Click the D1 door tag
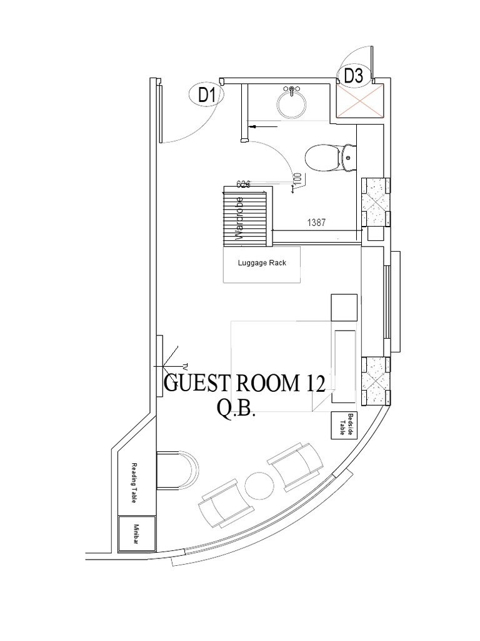[207, 95]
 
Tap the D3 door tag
[353, 76]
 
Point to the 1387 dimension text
[316, 222]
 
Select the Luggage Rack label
[262, 263]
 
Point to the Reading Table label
[134, 483]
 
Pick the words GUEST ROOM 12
[244, 383]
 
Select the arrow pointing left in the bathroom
[262, 127]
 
